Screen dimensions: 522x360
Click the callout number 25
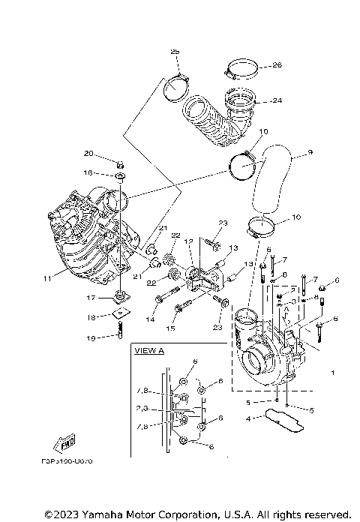click(175, 52)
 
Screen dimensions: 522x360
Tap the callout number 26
click(255, 65)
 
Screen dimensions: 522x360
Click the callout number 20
click(88, 154)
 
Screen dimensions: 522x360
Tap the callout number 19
click(89, 337)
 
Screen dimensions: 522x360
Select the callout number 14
click(151, 320)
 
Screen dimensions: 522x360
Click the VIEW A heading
click(148, 350)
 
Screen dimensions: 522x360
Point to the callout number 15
click(171, 328)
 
